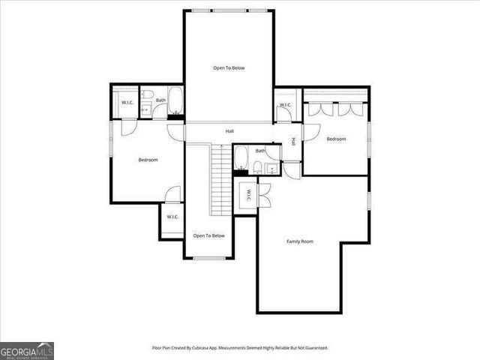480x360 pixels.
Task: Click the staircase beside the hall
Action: [219, 178]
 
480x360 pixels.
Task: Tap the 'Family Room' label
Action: [300, 241]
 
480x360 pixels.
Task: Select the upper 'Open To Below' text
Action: [229, 68]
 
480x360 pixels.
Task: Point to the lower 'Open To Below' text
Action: [208, 236]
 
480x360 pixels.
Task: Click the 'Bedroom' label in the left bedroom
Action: [148, 160]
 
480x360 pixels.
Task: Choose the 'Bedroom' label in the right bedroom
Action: [336, 139]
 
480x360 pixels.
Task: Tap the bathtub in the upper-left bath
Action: [175, 100]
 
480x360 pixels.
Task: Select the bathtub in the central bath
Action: [241, 159]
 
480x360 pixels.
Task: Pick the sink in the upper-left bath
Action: [145, 110]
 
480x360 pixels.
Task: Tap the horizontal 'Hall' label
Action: [229, 132]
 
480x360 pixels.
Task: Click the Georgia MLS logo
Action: [27, 350]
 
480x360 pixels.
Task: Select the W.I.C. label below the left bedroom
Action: [172, 217]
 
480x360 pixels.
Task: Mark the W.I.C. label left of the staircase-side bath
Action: [127, 102]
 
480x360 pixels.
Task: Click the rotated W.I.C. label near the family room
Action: [248, 196]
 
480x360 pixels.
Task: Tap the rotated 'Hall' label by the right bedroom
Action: [293, 140]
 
